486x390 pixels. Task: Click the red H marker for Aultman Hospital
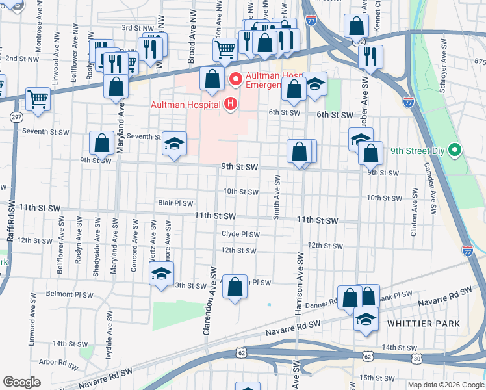(229, 104)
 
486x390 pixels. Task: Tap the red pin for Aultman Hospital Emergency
(235, 81)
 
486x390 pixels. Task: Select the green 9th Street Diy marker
(455, 151)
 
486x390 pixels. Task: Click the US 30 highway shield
(416, 358)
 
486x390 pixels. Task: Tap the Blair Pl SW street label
(176, 203)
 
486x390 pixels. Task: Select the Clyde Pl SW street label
(240, 235)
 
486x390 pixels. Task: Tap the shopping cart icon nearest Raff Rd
(38, 99)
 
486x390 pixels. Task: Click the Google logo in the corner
(21, 382)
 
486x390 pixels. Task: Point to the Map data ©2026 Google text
(445, 385)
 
